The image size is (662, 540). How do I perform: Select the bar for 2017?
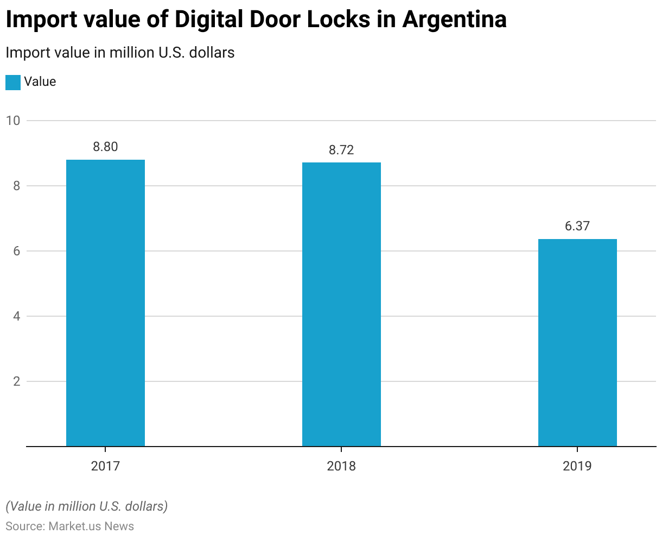[x=105, y=303]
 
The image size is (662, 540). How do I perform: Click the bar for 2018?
[x=341, y=304]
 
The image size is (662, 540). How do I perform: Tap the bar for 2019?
[x=577, y=342]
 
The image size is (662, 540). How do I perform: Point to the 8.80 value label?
[x=105, y=147]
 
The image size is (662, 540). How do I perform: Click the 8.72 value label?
[x=341, y=150]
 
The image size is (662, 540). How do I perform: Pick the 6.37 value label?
[x=577, y=226]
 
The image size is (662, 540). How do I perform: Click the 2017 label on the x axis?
[x=105, y=466]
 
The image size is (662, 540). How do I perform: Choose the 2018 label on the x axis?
[x=341, y=466]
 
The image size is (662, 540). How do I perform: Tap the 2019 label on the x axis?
[x=577, y=466]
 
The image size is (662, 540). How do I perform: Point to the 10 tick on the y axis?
[x=13, y=121]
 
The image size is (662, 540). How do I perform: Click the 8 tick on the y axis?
[x=16, y=186]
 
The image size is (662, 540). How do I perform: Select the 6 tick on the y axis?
[x=16, y=251]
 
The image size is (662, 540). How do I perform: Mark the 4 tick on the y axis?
[x=16, y=316]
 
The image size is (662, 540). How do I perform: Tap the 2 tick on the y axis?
[x=16, y=381]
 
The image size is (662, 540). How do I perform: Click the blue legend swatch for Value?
[x=13, y=82]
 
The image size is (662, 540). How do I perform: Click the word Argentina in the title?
[x=454, y=20]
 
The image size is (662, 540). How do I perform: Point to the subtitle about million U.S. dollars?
[x=120, y=53]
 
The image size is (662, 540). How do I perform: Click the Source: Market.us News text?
[x=69, y=526]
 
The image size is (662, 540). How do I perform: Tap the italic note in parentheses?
[x=87, y=506]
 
